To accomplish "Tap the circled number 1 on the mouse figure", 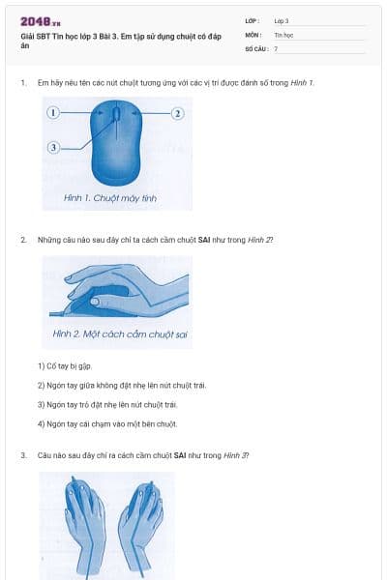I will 54,113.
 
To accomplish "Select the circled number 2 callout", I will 177,113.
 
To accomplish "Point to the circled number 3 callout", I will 54,147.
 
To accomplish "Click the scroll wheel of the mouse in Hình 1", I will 117,115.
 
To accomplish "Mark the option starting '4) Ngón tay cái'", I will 106,423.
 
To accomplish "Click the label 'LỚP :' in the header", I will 253,20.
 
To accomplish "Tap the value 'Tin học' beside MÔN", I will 283,34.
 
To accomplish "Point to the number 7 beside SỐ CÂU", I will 276,48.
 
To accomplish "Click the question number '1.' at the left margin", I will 23,83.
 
